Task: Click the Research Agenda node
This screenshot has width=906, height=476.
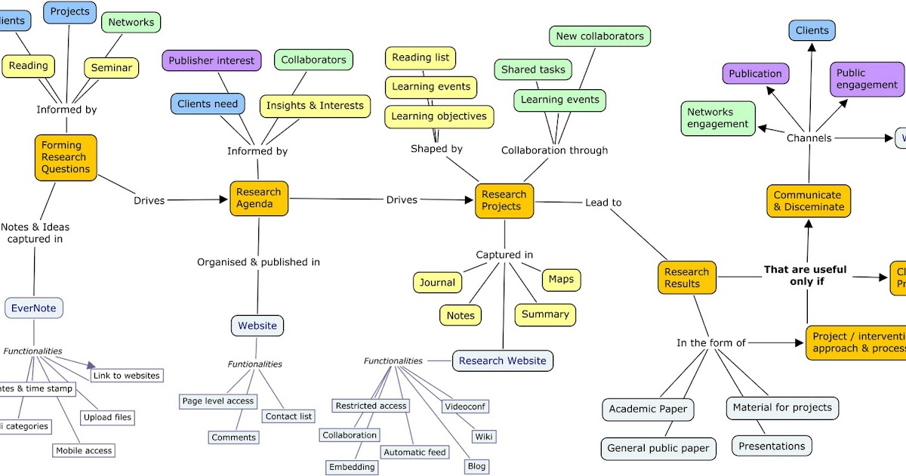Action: click(x=259, y=198)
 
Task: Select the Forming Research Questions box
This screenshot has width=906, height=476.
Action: click(x=66, y=157)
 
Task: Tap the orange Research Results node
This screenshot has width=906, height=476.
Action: click(x=686, y=277)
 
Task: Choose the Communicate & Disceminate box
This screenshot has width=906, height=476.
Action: click(x=809, y=201)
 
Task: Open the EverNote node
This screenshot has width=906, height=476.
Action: click(x=34, y=308)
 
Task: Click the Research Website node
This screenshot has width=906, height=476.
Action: click(x=502, y=360)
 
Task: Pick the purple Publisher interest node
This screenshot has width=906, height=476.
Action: click(x=211, y=60)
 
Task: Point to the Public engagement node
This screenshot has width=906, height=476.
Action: click(x=867, y=79)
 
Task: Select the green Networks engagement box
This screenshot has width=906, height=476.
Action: click(x=717, y=118)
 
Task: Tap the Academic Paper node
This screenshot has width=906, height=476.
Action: click(x=648, y=409)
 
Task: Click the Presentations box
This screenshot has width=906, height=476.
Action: click(x=772, y=446)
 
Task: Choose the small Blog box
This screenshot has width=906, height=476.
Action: click(x=476, y=466)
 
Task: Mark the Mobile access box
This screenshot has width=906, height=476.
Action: click(x=83, y=450)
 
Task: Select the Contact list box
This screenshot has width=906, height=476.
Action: click(x=288, y=416)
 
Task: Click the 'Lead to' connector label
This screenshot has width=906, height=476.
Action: click(x=603, y=202)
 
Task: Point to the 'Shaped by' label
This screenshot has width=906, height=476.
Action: click(x=436, y=149)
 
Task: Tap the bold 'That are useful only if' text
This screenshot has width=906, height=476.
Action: click(x=805, y=275)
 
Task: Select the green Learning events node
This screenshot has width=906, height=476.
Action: click(x=559, y=99)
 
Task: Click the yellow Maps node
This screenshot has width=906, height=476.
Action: click(x=561, y=279)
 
